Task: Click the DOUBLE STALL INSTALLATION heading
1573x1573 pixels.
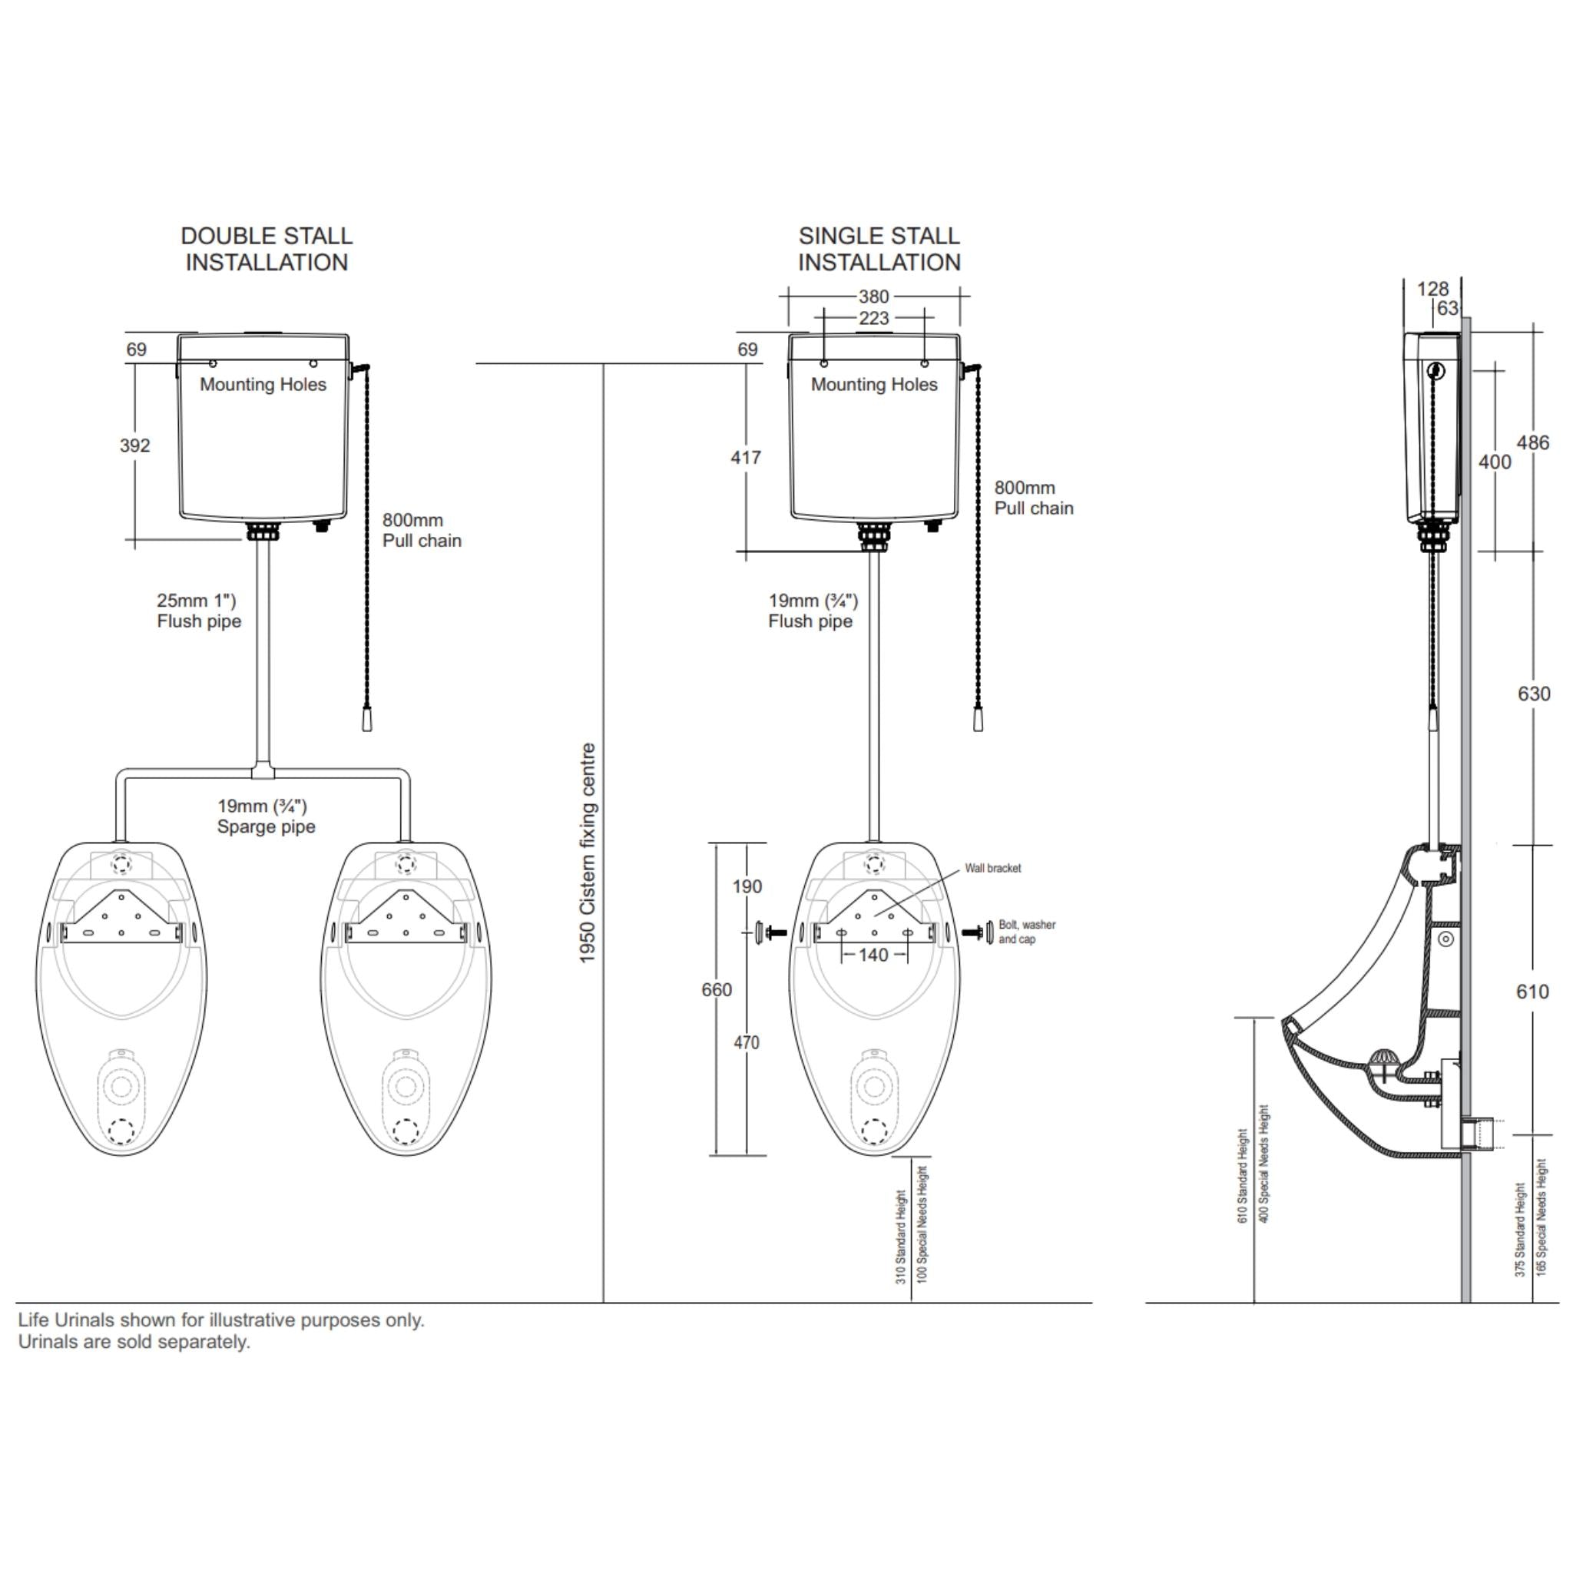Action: point(267,249)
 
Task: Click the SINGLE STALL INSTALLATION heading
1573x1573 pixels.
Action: point(879,249)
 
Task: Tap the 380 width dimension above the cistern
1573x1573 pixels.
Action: point(873,297)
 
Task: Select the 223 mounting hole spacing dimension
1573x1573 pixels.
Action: point(873,318)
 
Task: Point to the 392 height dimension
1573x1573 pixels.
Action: point(135,445)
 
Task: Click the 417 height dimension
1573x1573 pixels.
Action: point(746,458)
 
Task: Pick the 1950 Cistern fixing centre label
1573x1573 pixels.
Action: point(588,853)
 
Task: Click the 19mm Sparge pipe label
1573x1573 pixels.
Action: point(266,816)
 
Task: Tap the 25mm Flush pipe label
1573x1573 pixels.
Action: point(199,611)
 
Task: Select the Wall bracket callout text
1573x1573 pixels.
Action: point(992,868)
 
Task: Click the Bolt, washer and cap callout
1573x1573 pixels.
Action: point(1026,932)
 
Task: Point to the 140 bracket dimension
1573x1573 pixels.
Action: point(873,955)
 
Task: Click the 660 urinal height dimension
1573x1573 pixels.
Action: point(717,989)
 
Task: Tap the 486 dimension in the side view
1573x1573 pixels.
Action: point(1532,443)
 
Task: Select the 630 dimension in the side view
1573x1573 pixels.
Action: point(1533,694)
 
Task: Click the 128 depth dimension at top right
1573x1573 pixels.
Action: point(1432,289)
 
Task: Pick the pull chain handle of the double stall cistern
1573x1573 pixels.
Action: point(366,720)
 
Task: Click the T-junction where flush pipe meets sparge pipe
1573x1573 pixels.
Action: point(263,770)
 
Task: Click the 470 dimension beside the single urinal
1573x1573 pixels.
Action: point(746,1042)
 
